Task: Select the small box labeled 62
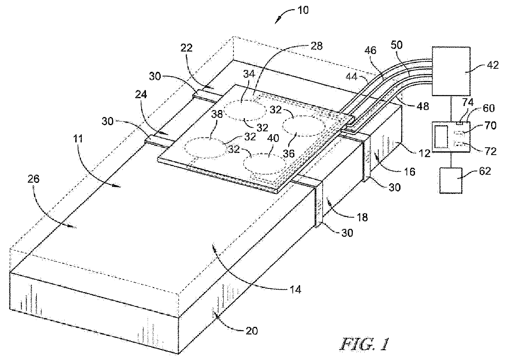point(451,180)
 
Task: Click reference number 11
point(78,139)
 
